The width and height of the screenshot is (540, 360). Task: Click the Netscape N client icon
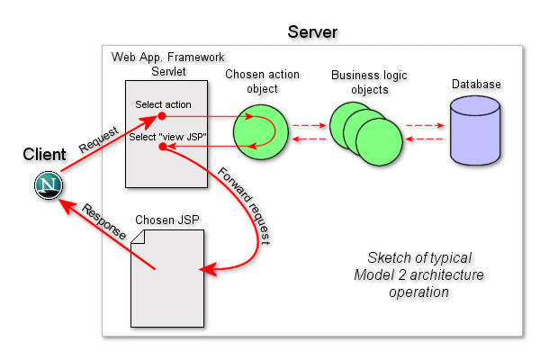[49, 185]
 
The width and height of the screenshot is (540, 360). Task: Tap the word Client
[44, 154]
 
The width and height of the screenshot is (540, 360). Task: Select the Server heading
[312, 32]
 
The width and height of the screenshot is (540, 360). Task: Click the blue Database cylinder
[475, 130]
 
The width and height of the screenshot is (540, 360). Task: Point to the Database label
[476, 84]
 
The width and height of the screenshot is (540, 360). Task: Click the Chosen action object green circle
[261, 132]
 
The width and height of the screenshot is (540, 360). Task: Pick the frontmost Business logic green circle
[379, 141]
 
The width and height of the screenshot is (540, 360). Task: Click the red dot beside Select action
[162, 116]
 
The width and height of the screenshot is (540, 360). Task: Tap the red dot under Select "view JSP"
[163, 147]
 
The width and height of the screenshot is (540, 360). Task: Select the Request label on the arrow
[98, 139]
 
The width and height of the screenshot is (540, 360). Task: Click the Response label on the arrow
[104, 221]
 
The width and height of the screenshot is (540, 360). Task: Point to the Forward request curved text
[244, 206]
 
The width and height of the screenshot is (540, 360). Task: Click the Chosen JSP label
[167, 220]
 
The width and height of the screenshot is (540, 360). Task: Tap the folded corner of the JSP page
[139, 237]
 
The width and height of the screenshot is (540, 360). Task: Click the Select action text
[163, 104]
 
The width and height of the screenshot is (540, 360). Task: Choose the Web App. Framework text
[167, 57]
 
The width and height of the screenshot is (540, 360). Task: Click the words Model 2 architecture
[418, 274]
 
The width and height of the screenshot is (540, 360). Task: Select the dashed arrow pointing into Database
[425, 125]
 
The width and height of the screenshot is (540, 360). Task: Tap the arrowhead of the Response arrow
[66, 205]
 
